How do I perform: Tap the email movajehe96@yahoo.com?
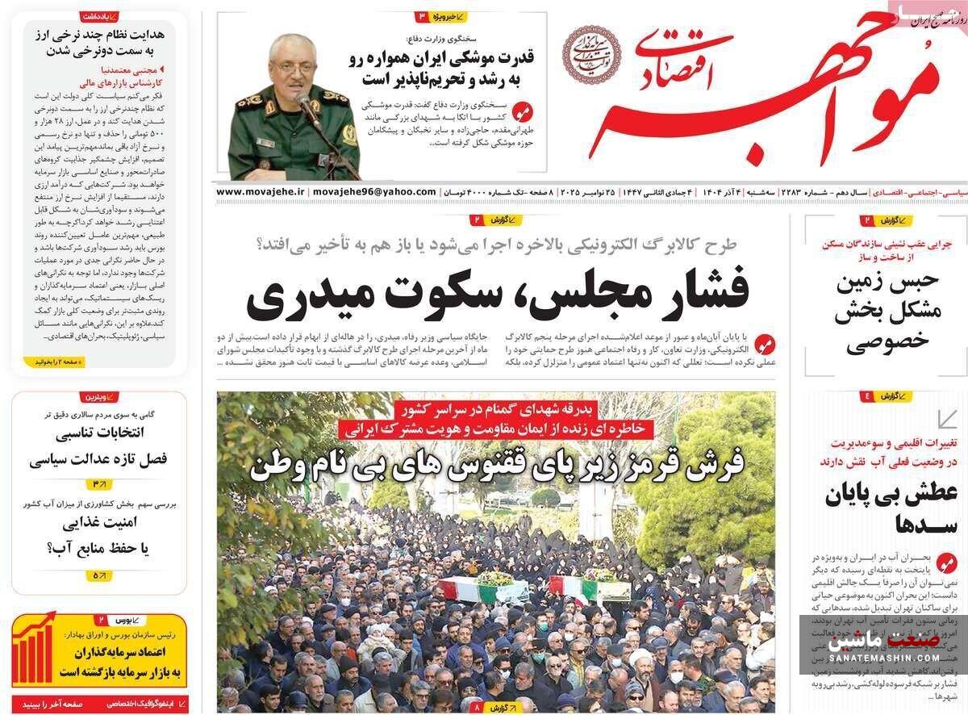pos(373,192)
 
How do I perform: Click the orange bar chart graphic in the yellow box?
pos(35,650)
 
